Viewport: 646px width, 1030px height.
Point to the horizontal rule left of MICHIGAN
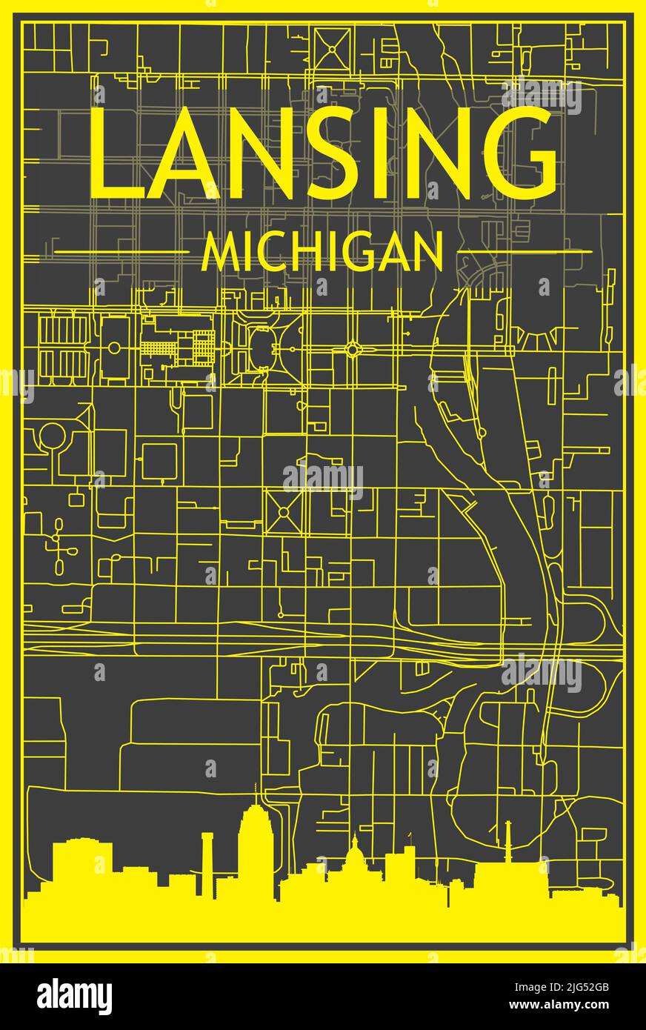click(x=122, y=252)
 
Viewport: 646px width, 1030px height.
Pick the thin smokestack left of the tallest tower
click(x=207, y=852)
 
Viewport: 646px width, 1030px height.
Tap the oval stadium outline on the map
click(x=262, y=347)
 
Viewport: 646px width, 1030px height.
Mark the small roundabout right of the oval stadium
click(x=354, y=348)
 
